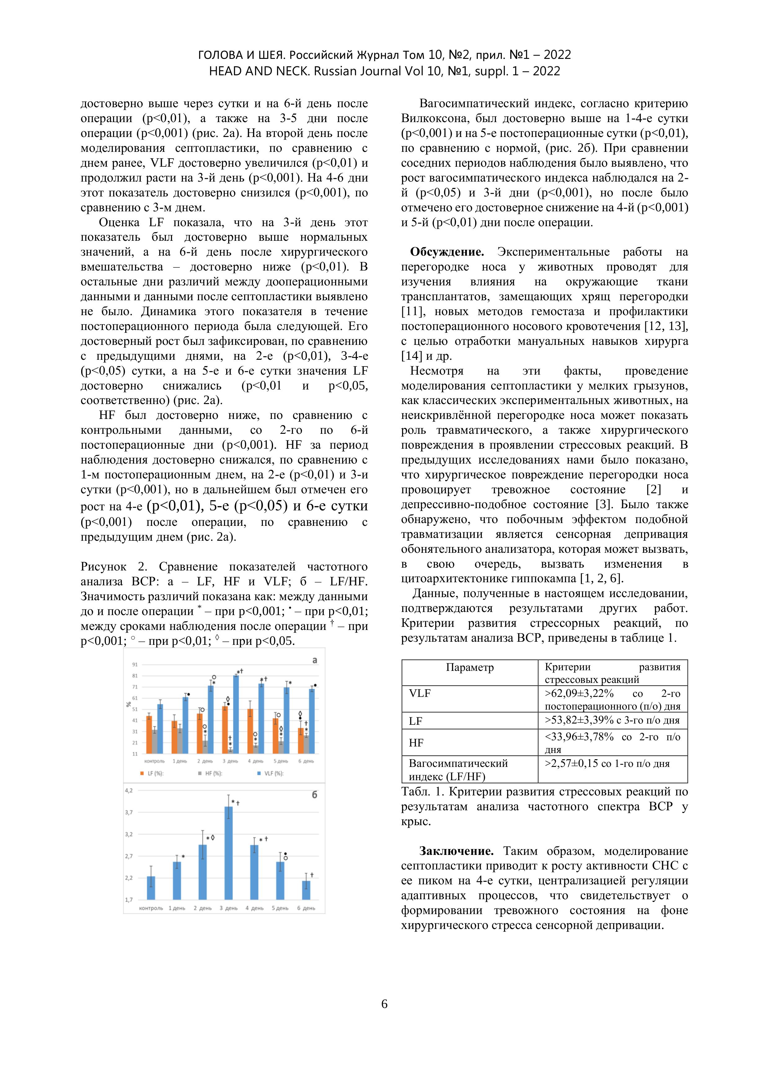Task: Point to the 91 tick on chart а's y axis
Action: pos(135,665)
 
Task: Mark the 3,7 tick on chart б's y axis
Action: pos(129,812)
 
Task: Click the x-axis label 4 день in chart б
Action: pos(254,908)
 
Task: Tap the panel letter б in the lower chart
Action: pos(314,795)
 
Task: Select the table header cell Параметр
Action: pos(469,667)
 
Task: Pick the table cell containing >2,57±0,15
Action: pos(607,764)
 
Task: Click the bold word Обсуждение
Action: pos(447,252)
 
